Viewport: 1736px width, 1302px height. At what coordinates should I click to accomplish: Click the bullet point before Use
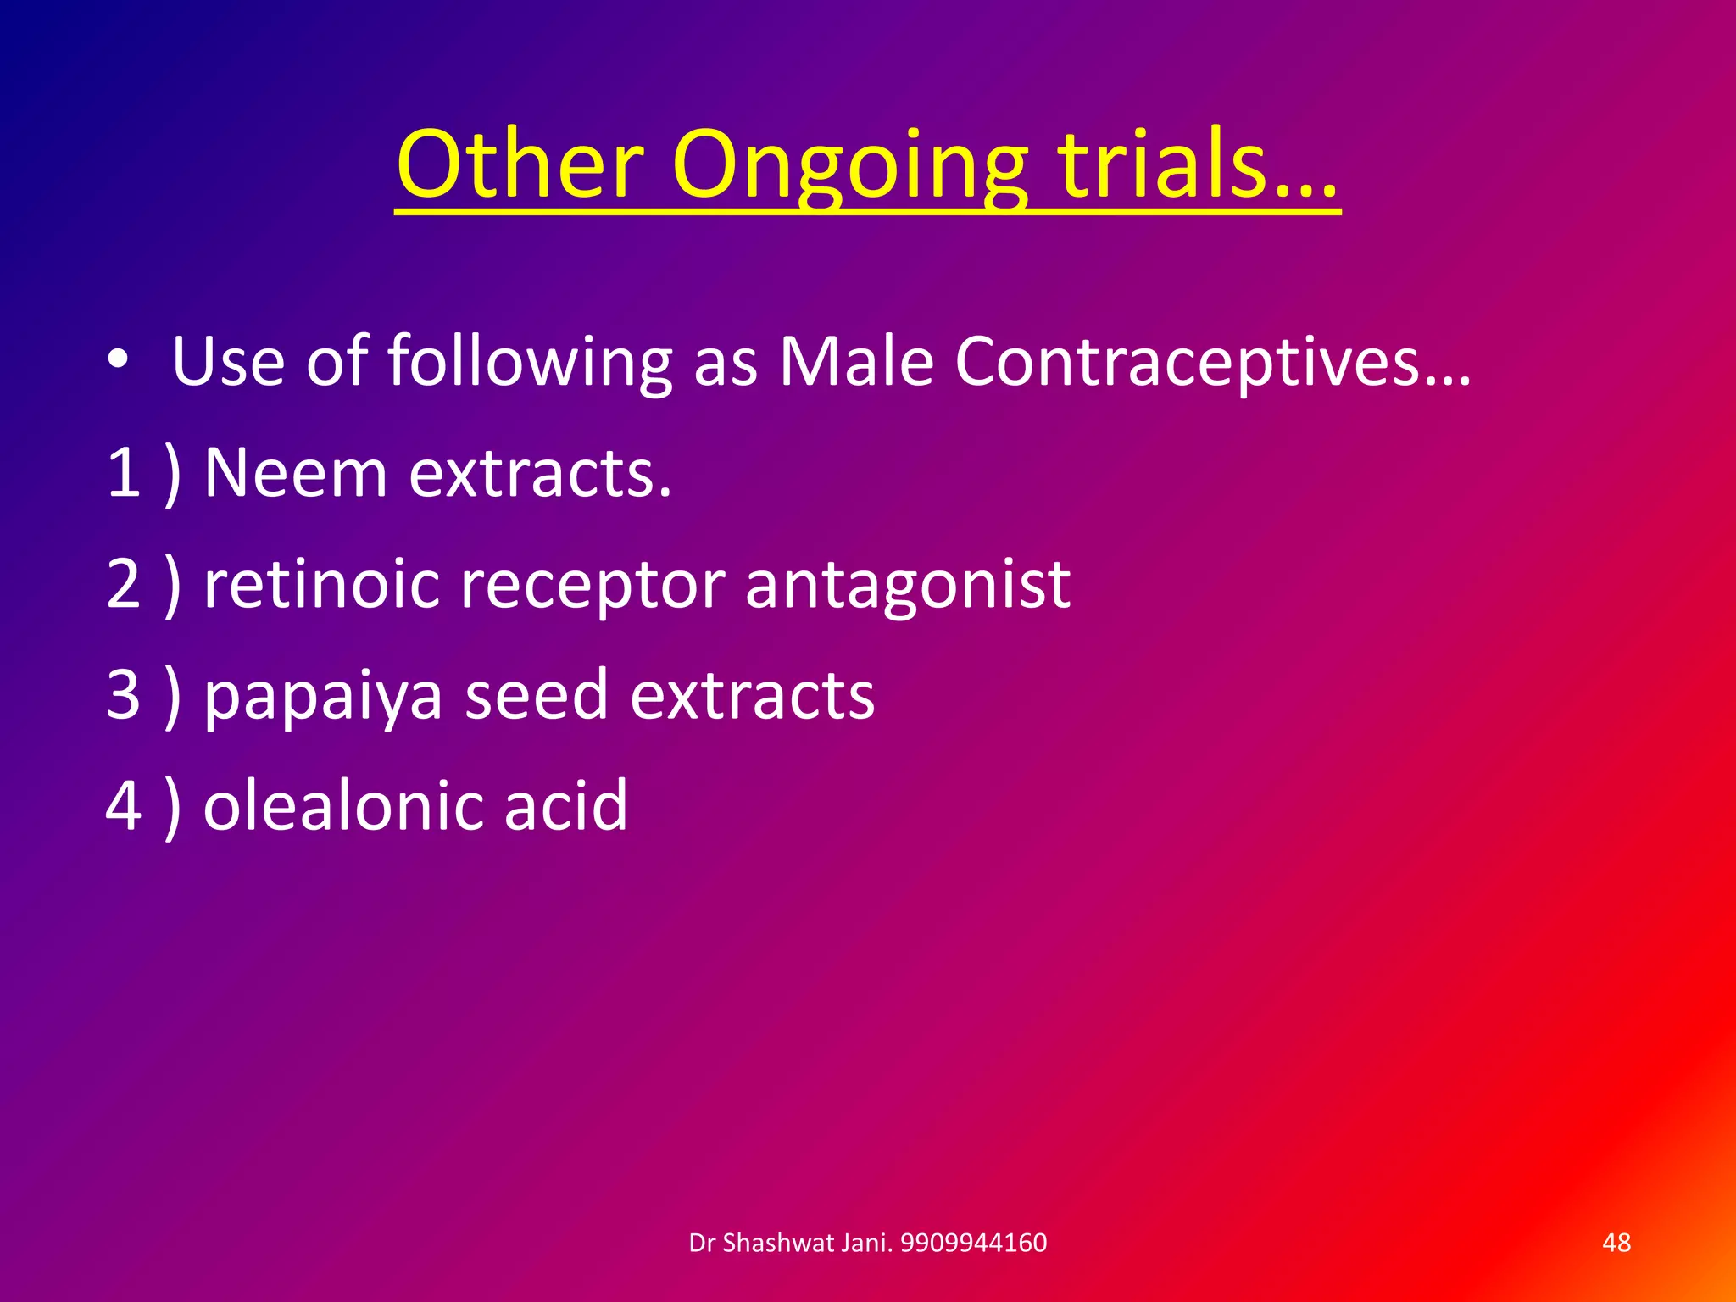pyautogui.click(x=119, y=359)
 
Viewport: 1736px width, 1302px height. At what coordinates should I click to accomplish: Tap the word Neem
pyautogui.click(x=296, y=472)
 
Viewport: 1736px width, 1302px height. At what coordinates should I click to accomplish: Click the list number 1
pyautogui.click(x=124, y=472)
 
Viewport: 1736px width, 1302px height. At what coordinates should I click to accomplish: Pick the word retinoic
pyautogui.click(x=322, y=584)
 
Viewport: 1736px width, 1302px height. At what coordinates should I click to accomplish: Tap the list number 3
pyautogui.click(x=124, y=694)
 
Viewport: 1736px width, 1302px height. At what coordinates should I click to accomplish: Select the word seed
pyautogui.click(x=537, y=694)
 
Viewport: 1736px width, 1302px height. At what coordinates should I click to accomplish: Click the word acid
pyautogui.click(x=566, y=804)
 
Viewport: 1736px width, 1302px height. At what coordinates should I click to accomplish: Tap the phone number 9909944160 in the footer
pyautogui.click(x=973, y=1243)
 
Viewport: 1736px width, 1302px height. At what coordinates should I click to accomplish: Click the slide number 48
pyautogui.click(x=1616, y=1243)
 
